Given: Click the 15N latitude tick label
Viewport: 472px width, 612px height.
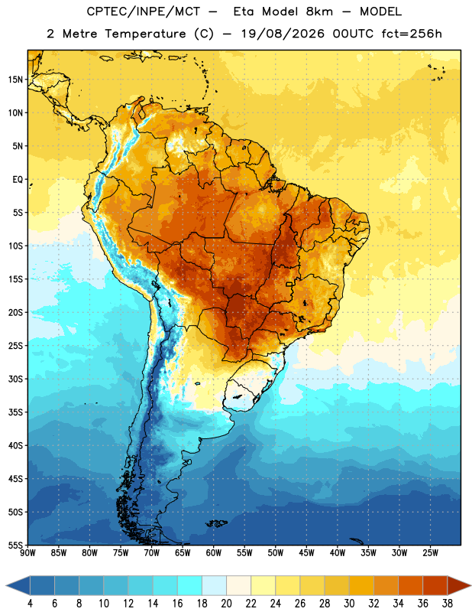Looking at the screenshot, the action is [15, 80].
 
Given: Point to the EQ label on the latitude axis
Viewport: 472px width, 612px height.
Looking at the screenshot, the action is [18, 180].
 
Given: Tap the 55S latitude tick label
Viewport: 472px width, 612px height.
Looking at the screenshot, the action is [15, 545].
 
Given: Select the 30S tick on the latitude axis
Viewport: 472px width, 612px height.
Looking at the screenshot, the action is [15, 379].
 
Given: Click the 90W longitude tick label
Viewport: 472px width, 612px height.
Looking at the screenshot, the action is [28, 553].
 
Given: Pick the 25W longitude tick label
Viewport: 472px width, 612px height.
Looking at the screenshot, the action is [430, 553].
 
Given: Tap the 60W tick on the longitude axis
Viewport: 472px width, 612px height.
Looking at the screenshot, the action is [214, 553].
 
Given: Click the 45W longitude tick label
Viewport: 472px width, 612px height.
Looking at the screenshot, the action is [306, 553].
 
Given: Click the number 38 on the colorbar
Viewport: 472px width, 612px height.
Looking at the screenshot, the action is [448, 604].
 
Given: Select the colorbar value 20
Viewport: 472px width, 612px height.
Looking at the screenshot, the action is [226, 604].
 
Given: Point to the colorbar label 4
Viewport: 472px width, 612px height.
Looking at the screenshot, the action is [30, 604].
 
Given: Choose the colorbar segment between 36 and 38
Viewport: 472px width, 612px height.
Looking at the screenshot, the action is [435, 585].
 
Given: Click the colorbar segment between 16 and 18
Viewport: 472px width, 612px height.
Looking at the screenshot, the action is [189, 585].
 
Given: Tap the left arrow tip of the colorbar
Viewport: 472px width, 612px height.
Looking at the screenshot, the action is [6, 585].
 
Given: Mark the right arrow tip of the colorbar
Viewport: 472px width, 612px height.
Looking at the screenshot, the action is [470, 585].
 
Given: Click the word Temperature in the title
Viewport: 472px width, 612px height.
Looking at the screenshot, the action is [145, 34].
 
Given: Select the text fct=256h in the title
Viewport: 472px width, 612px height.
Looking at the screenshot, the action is [412, 34].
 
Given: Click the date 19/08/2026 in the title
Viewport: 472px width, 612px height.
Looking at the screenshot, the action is [283, 34].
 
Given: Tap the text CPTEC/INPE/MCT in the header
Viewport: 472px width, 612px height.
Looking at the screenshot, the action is [143, 11].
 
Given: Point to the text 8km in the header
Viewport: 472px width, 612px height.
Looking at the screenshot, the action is [319, 11].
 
